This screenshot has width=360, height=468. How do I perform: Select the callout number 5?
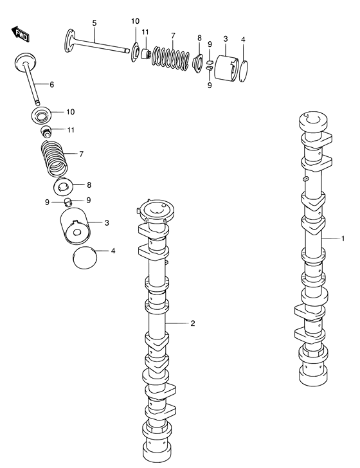[x=94, y=24]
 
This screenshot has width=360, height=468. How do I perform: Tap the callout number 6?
[x=51, y=85]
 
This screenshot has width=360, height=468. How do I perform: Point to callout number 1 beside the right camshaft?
[x=343, y=239]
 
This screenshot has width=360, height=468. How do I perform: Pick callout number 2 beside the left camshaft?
[x=192, y=323]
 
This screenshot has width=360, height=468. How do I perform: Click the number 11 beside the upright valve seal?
[x=70, y=130]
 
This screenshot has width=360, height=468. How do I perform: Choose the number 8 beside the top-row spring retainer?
[x=199, y=38]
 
